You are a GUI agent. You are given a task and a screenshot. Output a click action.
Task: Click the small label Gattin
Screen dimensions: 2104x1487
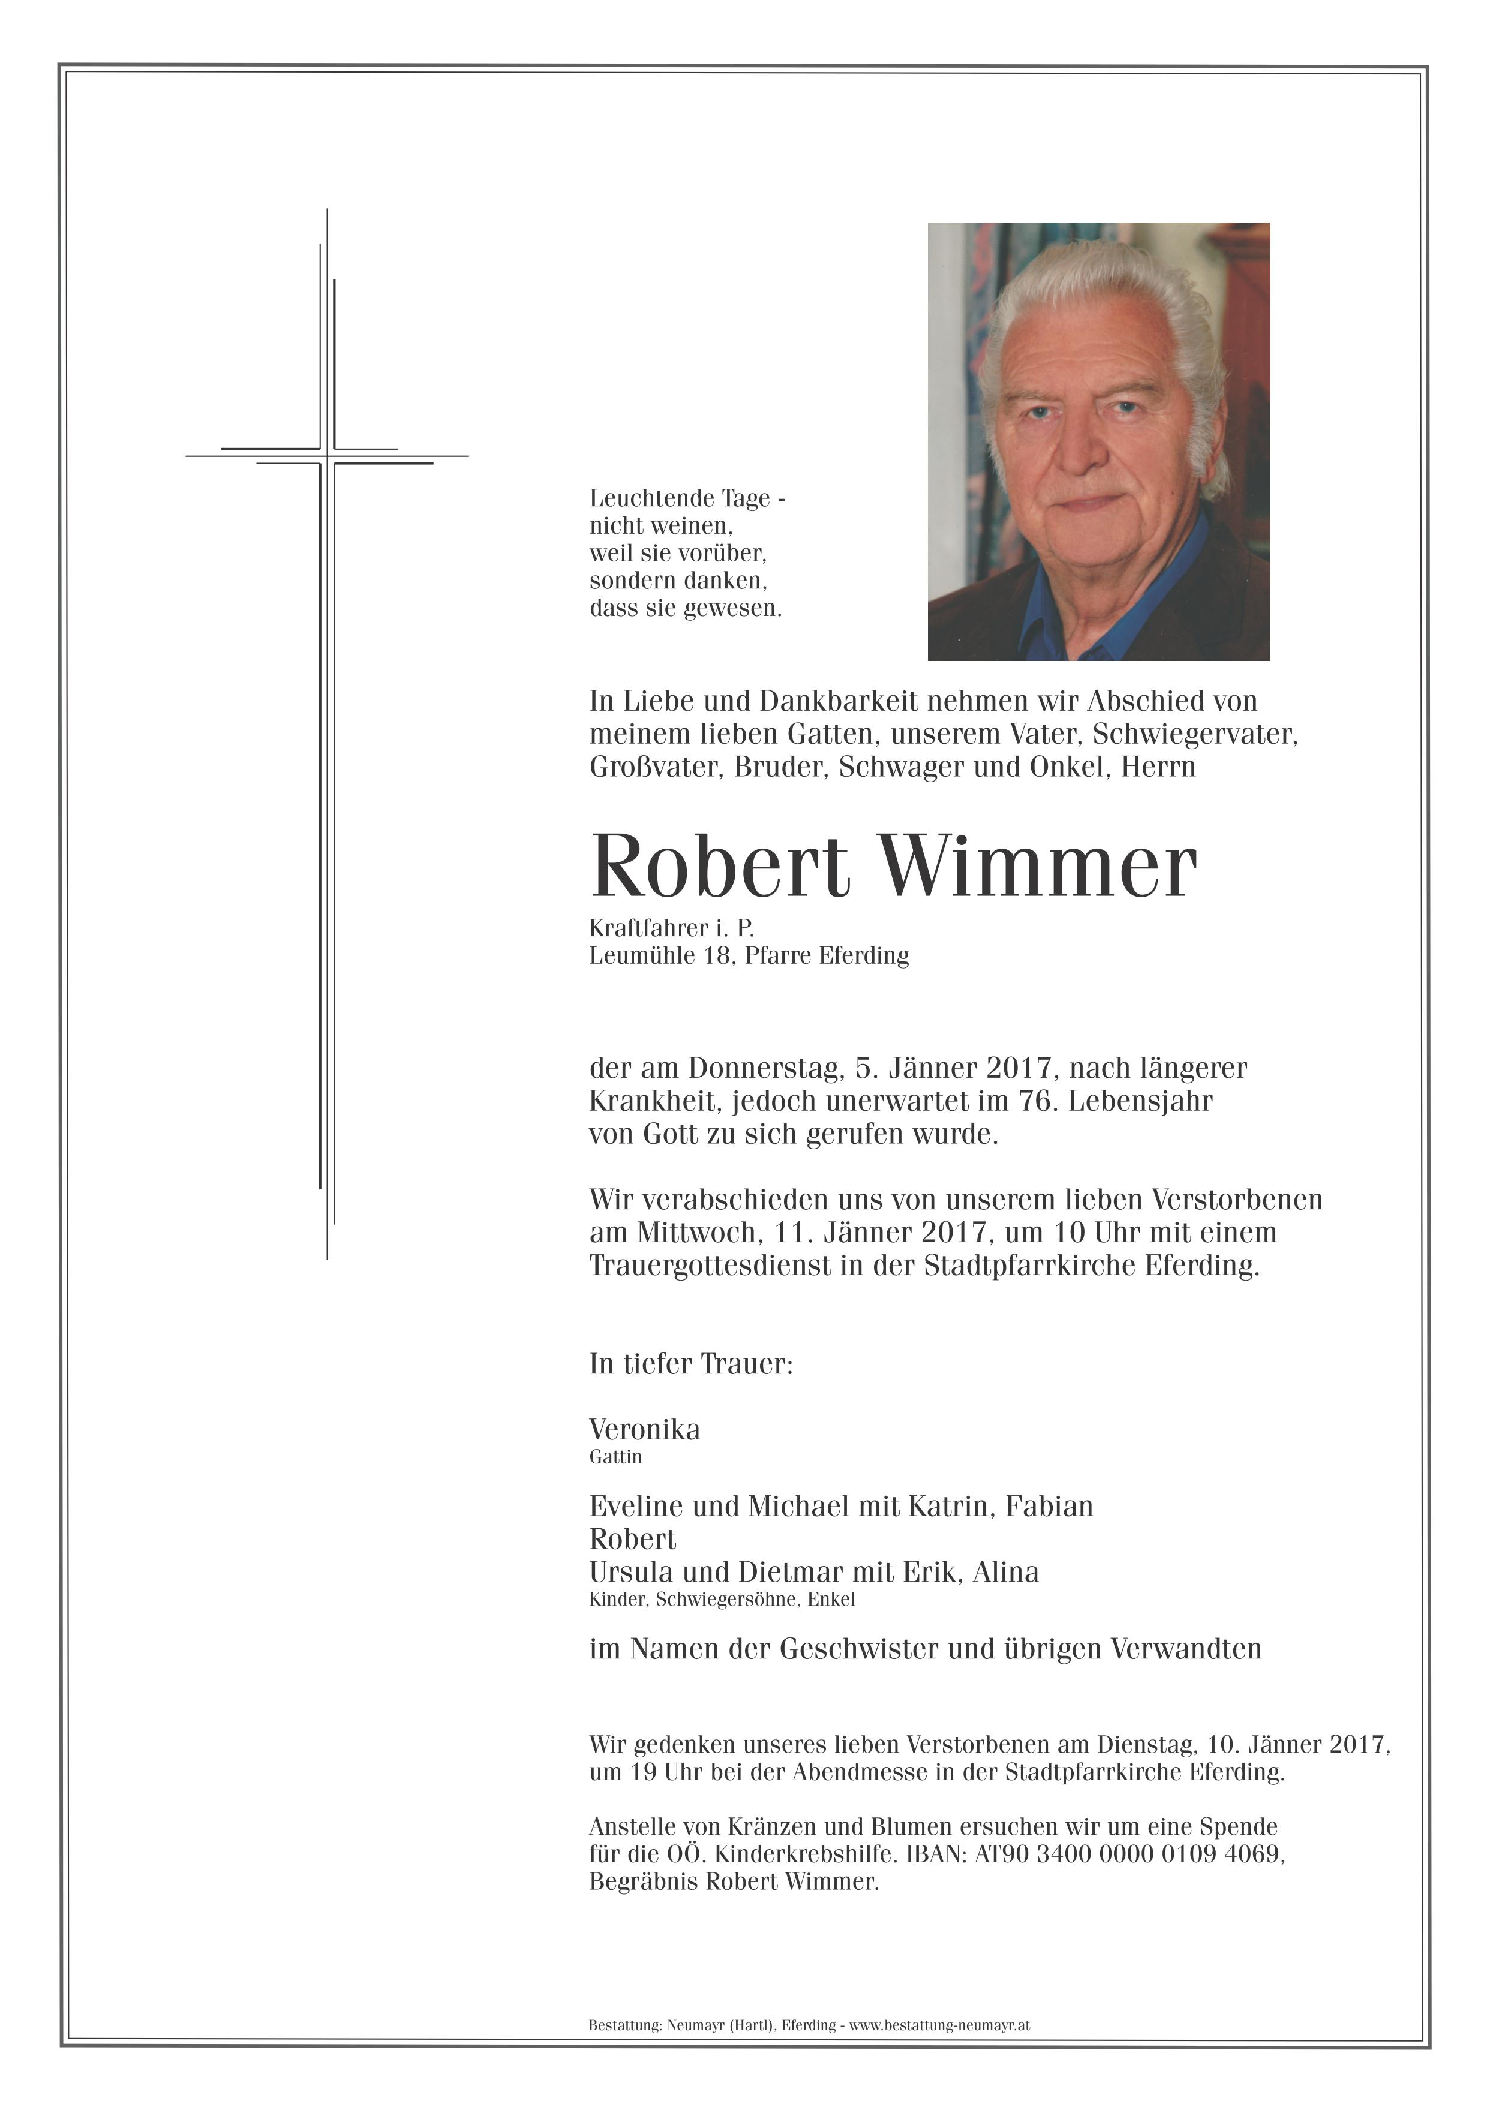[x=615, y=1457]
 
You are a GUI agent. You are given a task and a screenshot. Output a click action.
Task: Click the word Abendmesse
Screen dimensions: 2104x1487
[x=856, y=1772]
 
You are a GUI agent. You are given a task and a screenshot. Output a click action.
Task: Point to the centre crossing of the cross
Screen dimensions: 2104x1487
[x=327, y=455]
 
